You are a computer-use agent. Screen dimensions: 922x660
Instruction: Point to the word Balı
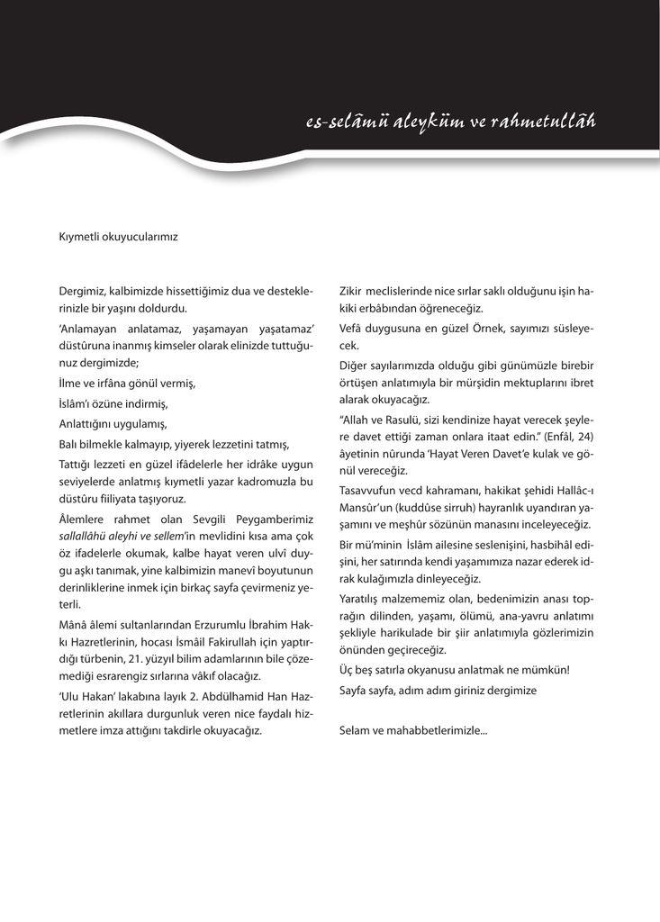(x=71, y=444)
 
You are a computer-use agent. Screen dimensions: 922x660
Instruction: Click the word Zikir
(x=353, y=292)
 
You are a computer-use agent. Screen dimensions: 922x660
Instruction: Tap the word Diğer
(x=355, y=366)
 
